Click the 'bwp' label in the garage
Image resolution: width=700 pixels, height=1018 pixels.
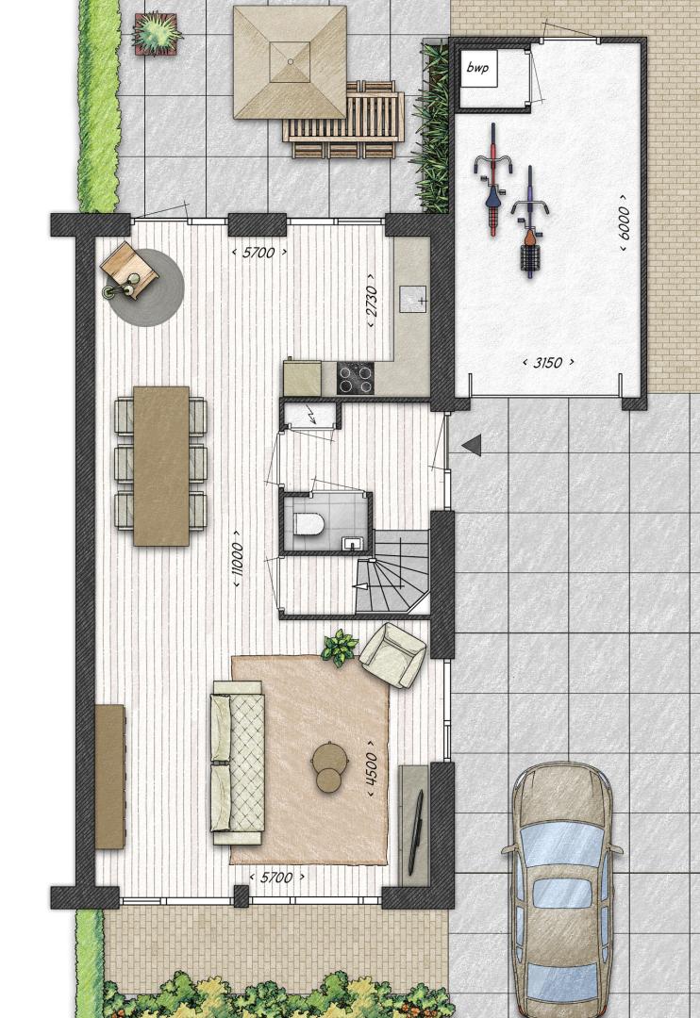[x=478, y=67]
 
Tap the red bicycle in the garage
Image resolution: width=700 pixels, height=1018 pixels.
[x=493, y=179]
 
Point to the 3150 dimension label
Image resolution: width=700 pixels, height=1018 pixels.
[x=548, y=362]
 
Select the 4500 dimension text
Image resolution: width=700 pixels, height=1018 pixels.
[x=371, y=769]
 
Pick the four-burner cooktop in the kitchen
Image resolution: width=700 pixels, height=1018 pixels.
[x=356, y=378]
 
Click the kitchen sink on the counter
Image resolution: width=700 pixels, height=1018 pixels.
[x=412, y=300]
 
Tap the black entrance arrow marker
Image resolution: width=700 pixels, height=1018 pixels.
[x=472, y=445]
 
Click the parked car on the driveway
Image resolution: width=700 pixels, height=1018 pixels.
[x=562, y=890]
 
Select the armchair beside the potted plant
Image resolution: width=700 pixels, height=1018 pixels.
[x=392, y=655]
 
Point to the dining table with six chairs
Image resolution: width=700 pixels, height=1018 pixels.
[x=161, y=466]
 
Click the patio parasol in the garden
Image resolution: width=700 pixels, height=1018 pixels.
[x=290, y=62]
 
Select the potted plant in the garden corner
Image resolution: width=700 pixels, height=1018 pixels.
[x=157, y=32]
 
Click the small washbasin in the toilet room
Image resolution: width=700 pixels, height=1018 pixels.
[x=351, y=543]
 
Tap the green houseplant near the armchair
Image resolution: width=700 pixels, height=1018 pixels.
[x=340, y=648]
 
